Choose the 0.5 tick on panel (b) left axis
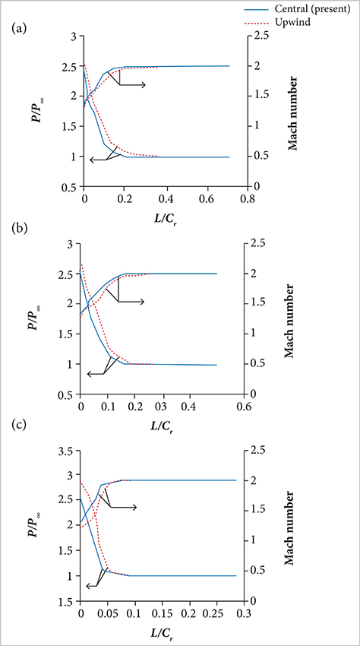(68, 395)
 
